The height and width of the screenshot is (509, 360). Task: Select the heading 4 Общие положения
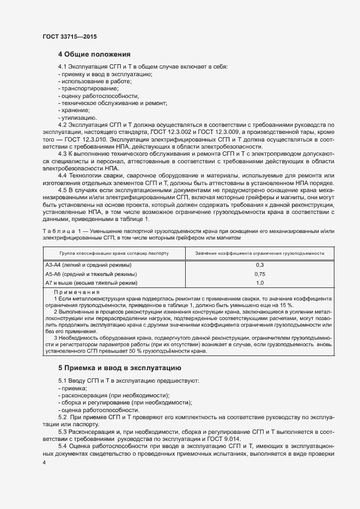pos(94,54)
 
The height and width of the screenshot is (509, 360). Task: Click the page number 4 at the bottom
pos(44,462)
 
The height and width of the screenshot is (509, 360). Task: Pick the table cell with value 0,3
pos(260,265)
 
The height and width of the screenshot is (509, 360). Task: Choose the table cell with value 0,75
pos(260,274)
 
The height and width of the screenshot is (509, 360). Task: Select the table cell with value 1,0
pos(260,283)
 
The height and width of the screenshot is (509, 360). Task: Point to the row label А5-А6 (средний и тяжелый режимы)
pos(91,274)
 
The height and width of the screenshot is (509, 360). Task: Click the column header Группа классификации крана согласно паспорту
pos(114,253)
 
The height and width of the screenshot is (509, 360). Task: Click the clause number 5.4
pos(62,446)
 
